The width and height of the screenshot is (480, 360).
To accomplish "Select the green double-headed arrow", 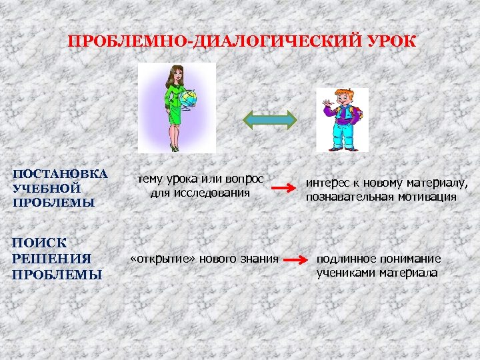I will coord(269,119).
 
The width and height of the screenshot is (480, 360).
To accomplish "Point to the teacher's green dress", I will coord(175,110).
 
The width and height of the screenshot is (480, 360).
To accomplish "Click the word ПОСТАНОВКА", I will coord(60,174).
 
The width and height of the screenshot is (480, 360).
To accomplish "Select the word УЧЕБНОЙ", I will coord(47,188).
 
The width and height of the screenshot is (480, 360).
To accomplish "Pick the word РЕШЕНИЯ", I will coord(51,259).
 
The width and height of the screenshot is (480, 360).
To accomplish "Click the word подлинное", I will coord(348,259).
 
